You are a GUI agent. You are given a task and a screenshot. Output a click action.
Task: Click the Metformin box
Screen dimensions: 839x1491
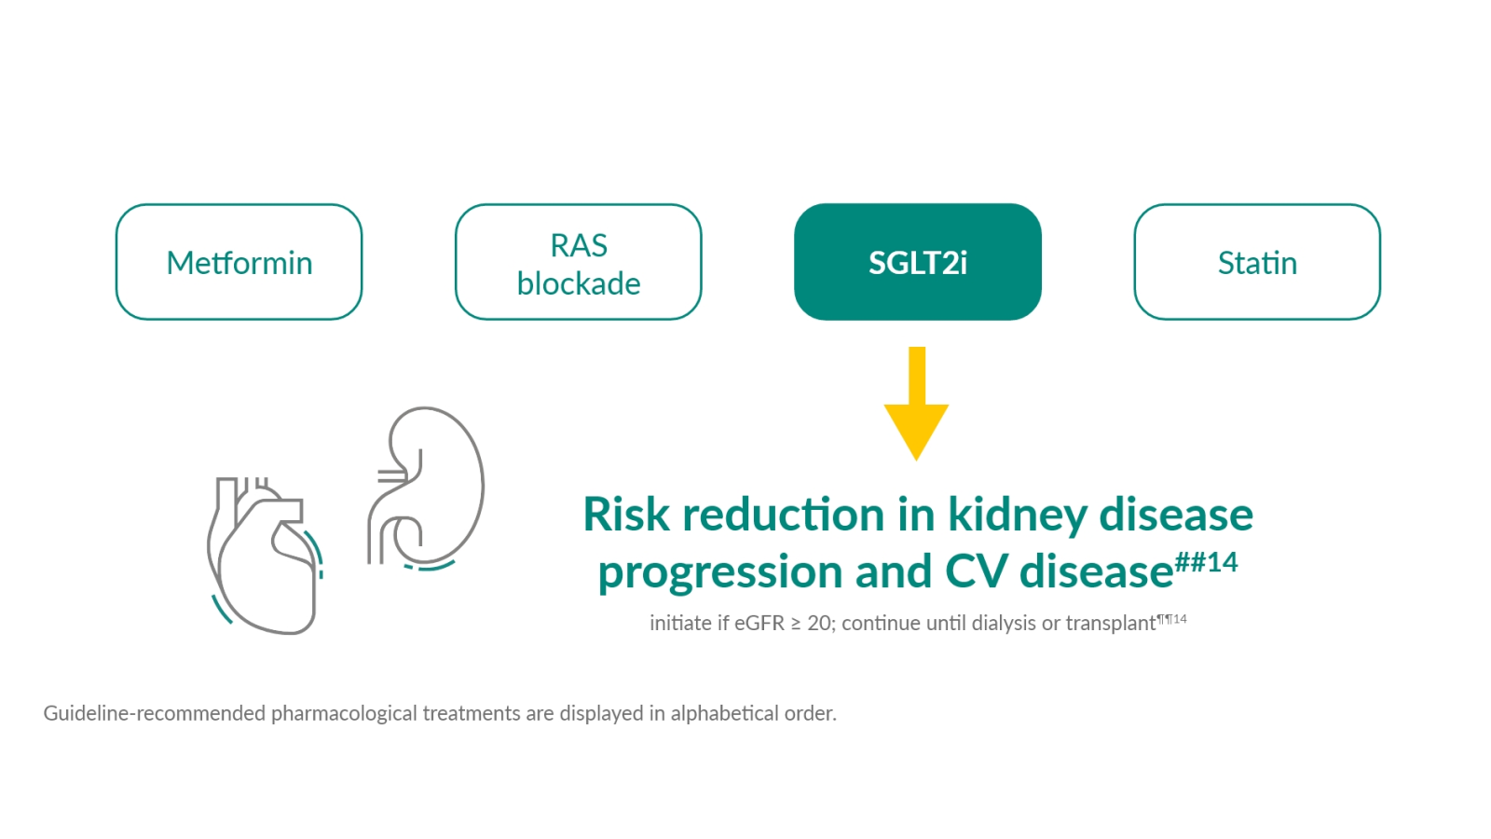239,262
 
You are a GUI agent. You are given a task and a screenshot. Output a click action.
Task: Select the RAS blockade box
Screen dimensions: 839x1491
578,262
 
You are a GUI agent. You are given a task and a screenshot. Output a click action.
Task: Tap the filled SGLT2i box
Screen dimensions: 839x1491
917,262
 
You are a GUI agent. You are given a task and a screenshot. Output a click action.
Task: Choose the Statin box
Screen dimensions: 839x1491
1256,262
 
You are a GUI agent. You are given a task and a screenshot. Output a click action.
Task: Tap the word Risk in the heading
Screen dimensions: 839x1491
625,515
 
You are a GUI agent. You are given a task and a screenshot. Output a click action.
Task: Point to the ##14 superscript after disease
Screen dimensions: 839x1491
1206,562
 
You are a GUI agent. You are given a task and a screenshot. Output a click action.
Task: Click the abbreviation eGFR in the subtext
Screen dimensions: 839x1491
759,623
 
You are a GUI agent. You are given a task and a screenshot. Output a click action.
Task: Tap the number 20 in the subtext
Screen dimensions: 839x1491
819,623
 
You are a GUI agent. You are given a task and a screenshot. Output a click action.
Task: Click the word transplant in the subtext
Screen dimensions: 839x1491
1110,623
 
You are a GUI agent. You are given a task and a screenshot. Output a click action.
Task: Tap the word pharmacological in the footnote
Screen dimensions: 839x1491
344,713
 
